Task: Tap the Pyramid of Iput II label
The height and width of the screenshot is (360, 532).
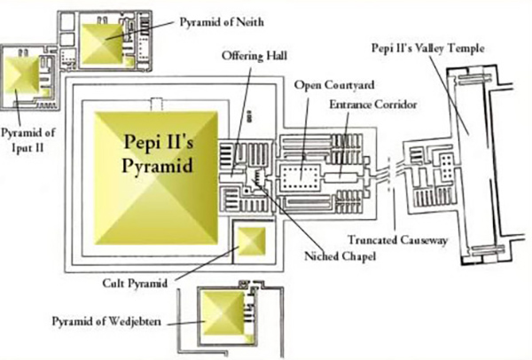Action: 27,137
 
